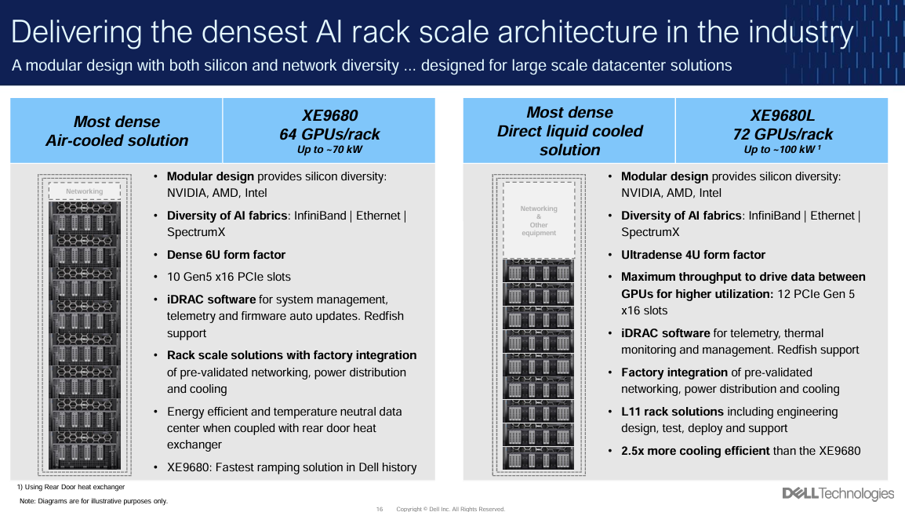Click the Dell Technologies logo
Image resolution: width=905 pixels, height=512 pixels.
point(838,493)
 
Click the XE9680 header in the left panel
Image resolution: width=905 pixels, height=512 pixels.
point(329,116)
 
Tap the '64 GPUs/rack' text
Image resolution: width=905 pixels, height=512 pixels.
point(329,134)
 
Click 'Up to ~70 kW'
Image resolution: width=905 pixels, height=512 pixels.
point(329,149)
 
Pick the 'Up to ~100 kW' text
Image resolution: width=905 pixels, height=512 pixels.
point(780,149)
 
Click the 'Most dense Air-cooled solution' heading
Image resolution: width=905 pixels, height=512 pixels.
point(117,131)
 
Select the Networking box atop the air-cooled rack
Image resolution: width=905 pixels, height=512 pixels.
point(84,191)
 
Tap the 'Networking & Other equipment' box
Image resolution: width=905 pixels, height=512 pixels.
point(539,220)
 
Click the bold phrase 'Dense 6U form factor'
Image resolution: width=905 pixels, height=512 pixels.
point(226,255)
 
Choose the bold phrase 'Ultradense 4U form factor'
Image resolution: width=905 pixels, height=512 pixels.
point(692,255)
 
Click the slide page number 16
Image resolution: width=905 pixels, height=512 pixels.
point(380,509)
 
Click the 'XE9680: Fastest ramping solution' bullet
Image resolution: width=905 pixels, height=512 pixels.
point(291,467)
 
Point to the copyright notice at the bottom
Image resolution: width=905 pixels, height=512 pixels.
point(450,509)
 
